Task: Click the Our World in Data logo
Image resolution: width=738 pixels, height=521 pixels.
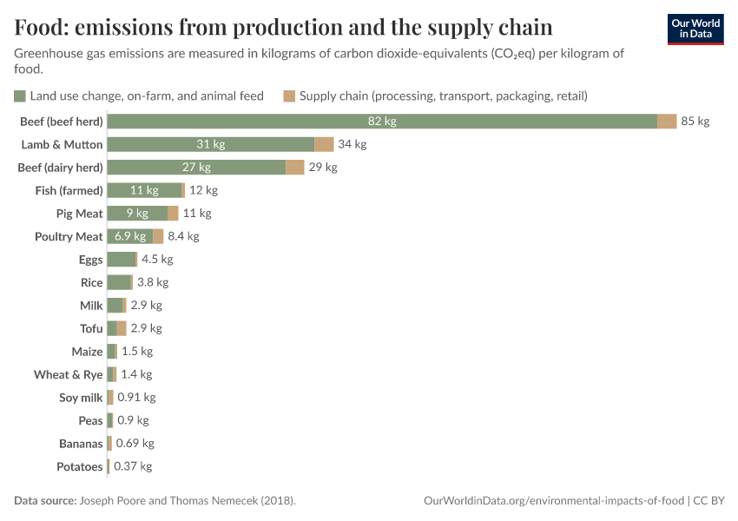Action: [695, 29]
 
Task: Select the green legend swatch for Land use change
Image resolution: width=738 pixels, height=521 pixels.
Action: [20, 96]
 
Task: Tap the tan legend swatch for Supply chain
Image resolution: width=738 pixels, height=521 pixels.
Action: [289, 96]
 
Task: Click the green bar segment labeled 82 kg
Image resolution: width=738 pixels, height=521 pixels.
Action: [382, 122]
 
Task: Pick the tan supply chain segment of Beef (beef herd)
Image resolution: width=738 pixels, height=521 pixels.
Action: [667, 122]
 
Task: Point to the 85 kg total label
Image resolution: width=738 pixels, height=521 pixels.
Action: [695, 122]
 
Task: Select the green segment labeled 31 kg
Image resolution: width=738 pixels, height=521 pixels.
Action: [210, 144]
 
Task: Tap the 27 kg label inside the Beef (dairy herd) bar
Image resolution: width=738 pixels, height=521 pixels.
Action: [196, 168]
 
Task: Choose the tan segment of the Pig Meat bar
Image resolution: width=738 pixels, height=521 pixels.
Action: [173, 214]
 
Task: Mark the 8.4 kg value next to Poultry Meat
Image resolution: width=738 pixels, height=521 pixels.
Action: [183, 236]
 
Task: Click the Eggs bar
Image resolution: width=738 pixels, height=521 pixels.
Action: [122, 260]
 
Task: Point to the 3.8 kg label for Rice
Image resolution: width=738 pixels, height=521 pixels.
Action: [153, 282]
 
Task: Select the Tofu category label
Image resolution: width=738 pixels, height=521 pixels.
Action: [91, 328]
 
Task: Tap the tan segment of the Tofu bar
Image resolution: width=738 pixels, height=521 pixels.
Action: [122, 328]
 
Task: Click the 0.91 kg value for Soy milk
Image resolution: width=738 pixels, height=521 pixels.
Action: [136, 398]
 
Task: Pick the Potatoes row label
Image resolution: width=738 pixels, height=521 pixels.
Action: [79, 466]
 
